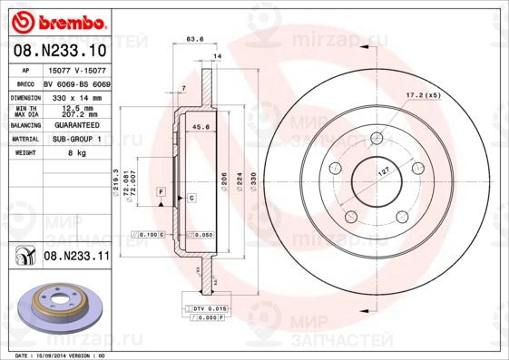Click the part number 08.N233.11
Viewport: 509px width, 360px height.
[x=76, y=257]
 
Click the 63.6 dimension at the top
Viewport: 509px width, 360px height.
[x=193, y=39]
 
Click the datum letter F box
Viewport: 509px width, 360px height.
[x=160, y=193]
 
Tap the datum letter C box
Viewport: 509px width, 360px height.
[x=192, y=197]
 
